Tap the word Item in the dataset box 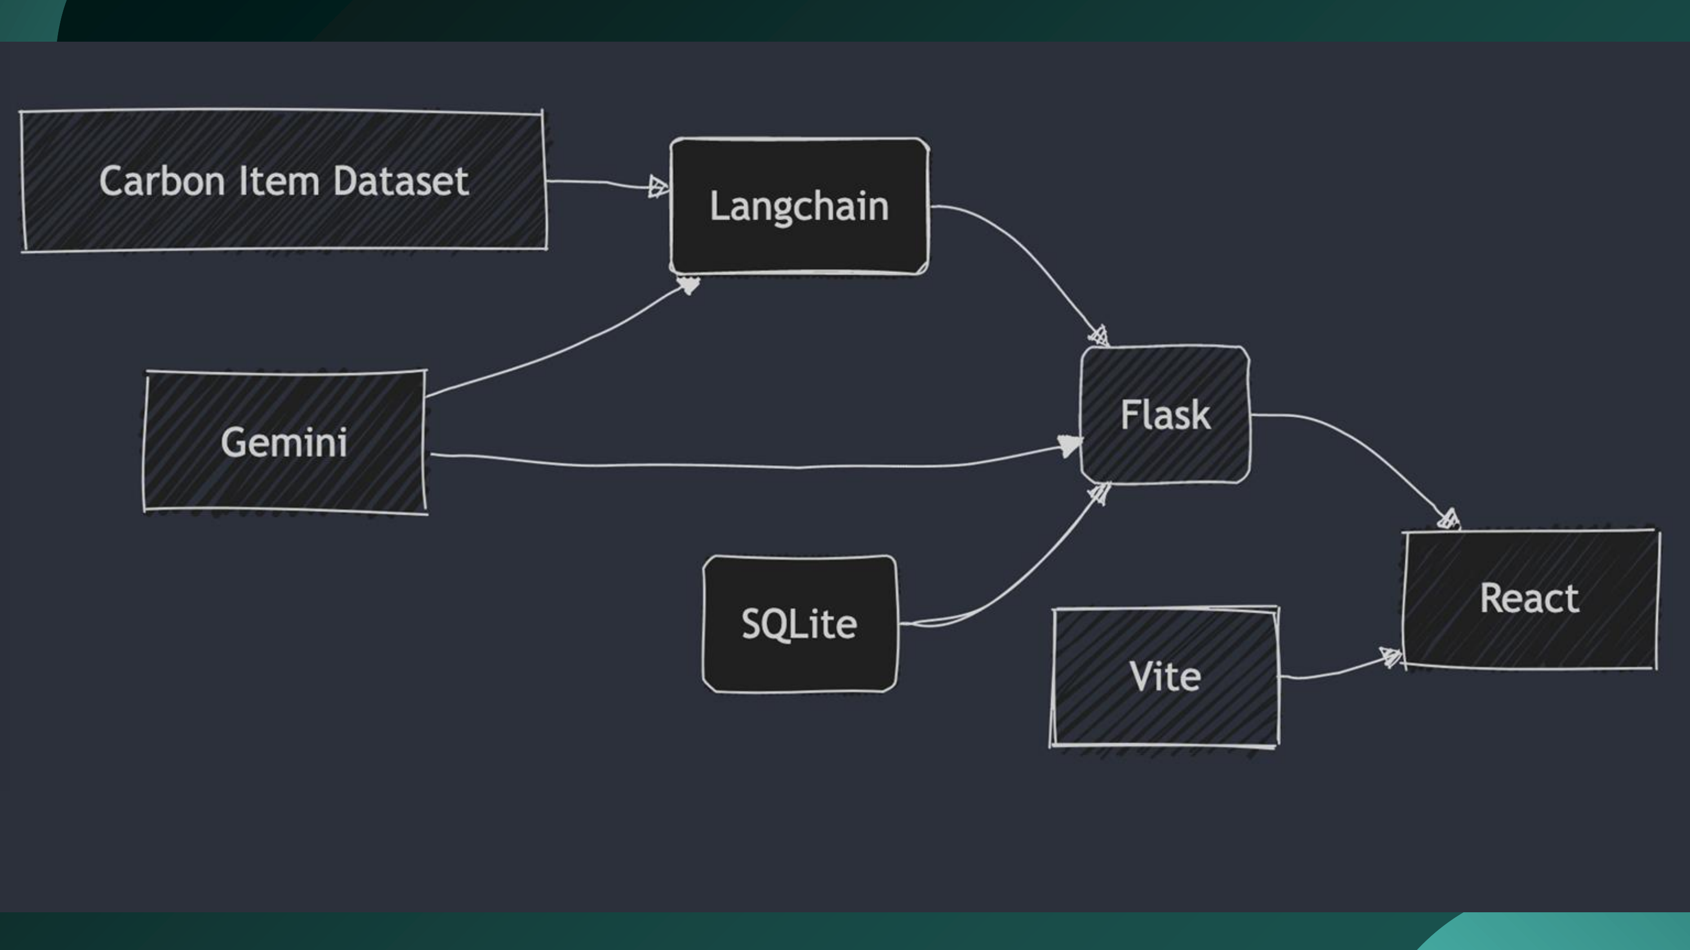tap(279, 181)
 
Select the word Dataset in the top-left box tap(401, 181)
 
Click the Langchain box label tap(799, 207)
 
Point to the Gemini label tap(284, 443)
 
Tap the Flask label tap(1165, 415)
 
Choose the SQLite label tap(799, 623)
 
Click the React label tap(1529, 599)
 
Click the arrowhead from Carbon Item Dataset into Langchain tap(658, 187)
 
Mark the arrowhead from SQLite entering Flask tap(1100, 493)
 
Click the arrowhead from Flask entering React tap(1448, 519)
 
